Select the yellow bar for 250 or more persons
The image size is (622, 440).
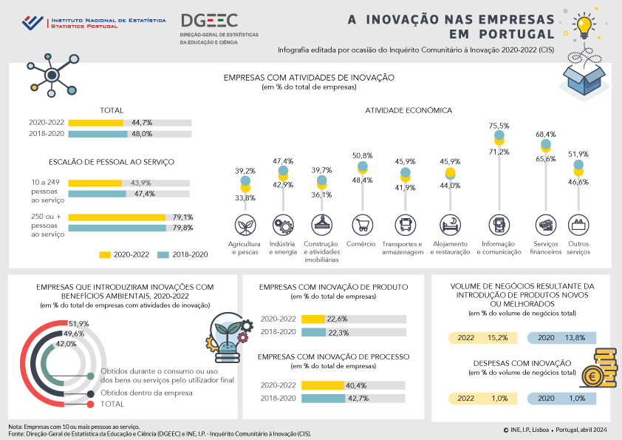click(x=117, y=217)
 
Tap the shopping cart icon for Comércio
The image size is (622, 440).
click(x=362, y=225)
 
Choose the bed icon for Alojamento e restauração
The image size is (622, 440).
click(x=449, y=225)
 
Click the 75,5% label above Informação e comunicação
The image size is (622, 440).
click(x=499, y=126)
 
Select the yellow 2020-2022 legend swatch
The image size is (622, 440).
click(x=104, y=254)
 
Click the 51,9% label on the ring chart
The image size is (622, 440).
click(x=78, y=324)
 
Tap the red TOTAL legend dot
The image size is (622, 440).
click(x=90, y=405)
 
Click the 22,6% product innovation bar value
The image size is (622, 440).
click(x=337, y=319)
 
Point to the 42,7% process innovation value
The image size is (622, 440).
click(x=357, y=399)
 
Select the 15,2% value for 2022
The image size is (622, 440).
click(x=497, y=338)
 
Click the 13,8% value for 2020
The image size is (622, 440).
click(x=575, y=338)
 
